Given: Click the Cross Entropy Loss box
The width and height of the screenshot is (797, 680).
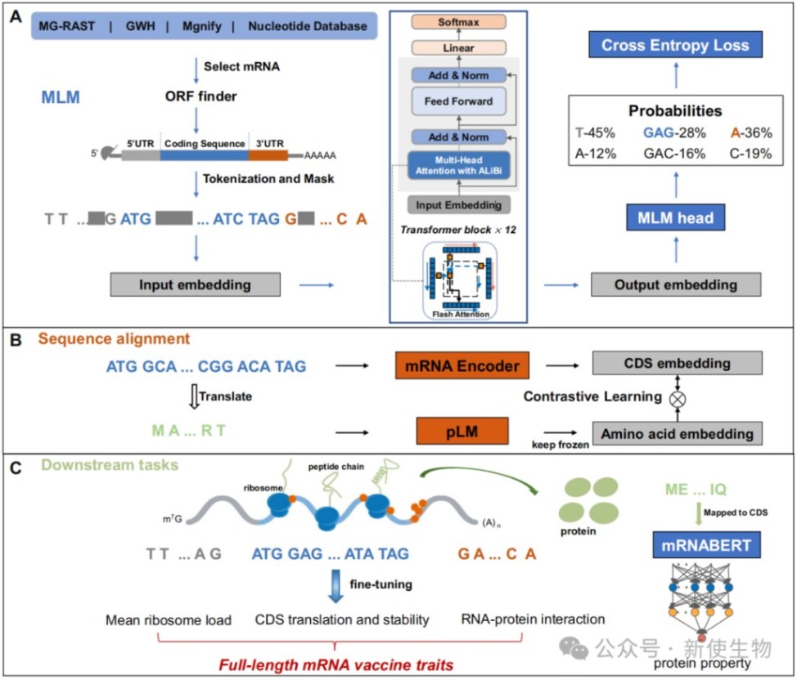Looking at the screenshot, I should (675, 46).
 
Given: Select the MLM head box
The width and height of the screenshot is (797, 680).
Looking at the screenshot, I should (675, 218).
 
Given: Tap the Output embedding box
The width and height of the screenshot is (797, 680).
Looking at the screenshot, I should (675, 285).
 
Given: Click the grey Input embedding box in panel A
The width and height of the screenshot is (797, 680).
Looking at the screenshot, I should (196, 284).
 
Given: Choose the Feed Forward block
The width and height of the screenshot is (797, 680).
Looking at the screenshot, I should (459, 101).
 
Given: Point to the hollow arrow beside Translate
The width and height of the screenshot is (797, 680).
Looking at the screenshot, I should (194, 396).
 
